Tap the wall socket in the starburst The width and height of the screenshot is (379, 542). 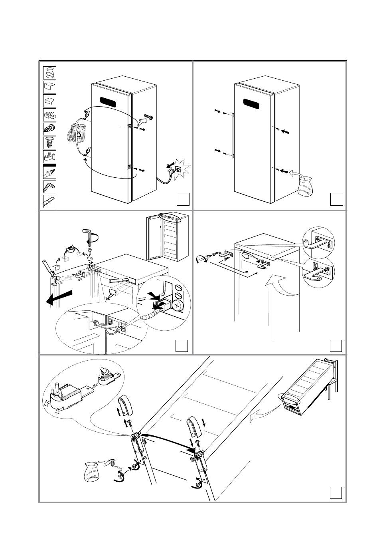tap(177, 169)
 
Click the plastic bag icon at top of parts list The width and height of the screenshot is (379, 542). tap(49, 73)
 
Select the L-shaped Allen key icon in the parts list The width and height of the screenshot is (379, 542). tap(49, 187)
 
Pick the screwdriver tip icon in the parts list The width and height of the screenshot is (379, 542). tap(49, 201)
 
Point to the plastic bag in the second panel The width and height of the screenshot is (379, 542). tap(305, 187)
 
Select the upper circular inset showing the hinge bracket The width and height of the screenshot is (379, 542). tap(318, 242)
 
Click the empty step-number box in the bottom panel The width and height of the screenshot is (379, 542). tap(336, 492)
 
